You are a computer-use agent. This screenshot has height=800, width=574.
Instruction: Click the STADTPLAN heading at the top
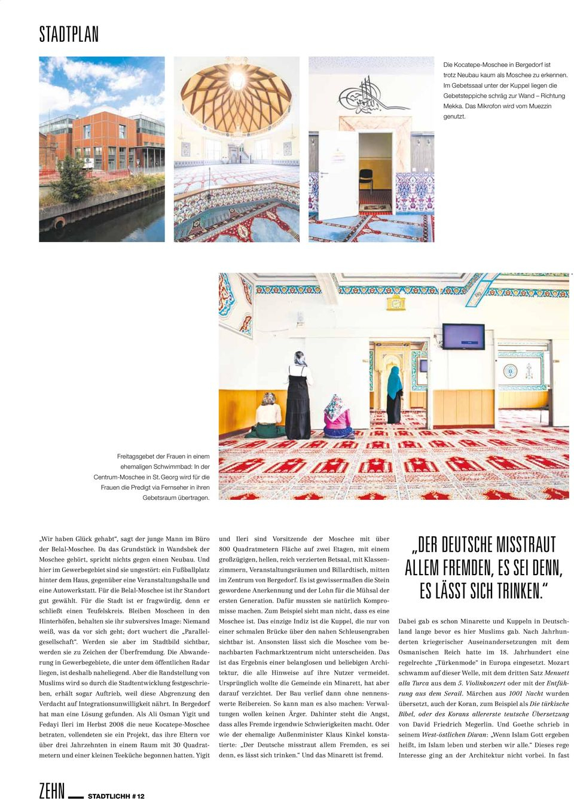click(x=69, y=34)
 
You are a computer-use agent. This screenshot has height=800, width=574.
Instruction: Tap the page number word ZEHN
click(x=51, y=790)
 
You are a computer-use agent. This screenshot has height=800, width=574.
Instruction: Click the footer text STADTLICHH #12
click(x=116, y=796)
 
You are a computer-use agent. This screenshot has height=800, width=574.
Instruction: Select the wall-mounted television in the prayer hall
click(x=463, y=337)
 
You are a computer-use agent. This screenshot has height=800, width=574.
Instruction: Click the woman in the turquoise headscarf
click(x=394, y=393)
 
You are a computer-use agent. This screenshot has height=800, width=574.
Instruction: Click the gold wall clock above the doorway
click(x=395, y=303)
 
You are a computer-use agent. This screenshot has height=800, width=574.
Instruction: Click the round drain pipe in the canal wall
click(x=59, y=223)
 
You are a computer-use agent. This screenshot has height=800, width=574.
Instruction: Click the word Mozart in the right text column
click(x=557, y=662)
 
